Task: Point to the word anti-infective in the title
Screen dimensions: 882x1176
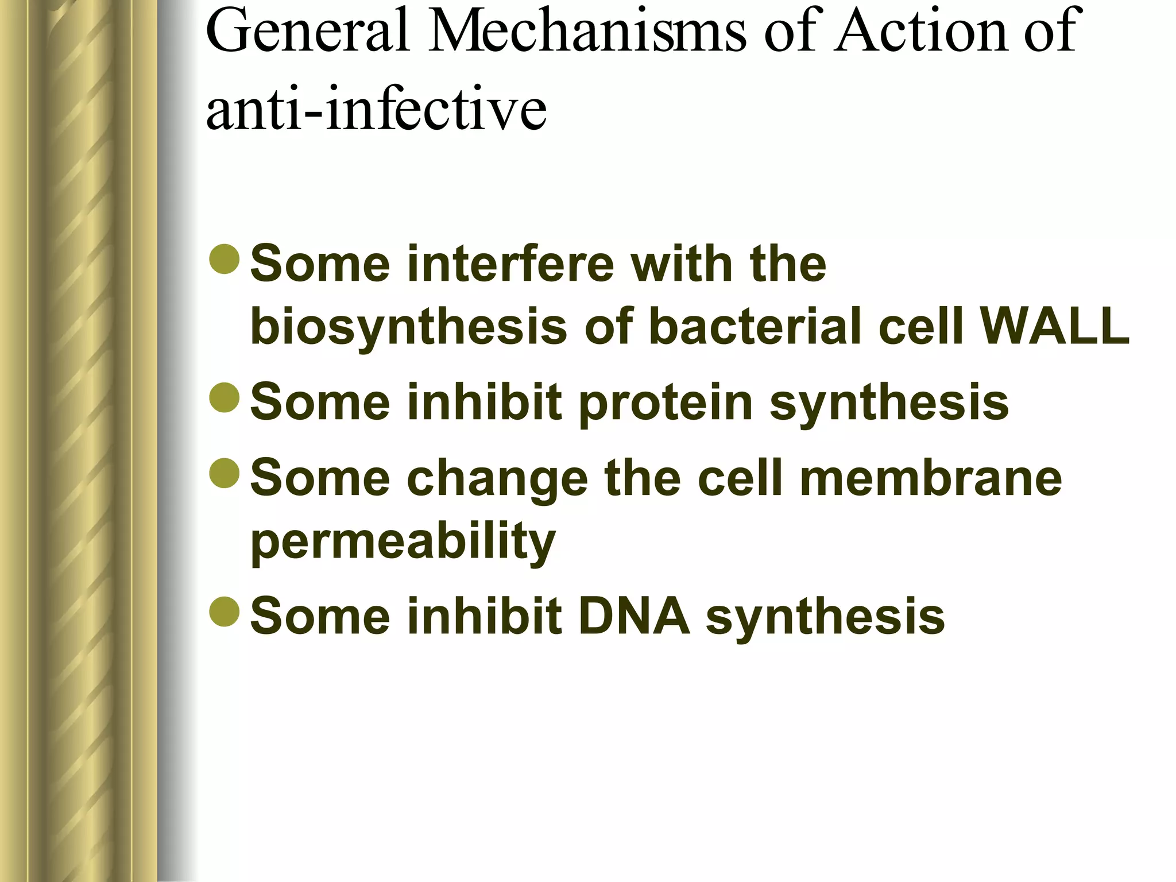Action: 376,109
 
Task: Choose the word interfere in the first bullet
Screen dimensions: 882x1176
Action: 510,264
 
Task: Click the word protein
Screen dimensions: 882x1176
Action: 666,403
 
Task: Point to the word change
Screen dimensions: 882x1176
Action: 497,479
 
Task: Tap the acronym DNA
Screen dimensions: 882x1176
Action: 634,616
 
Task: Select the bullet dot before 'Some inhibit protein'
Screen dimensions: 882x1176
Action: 225,397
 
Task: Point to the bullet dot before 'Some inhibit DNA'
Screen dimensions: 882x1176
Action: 225,612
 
